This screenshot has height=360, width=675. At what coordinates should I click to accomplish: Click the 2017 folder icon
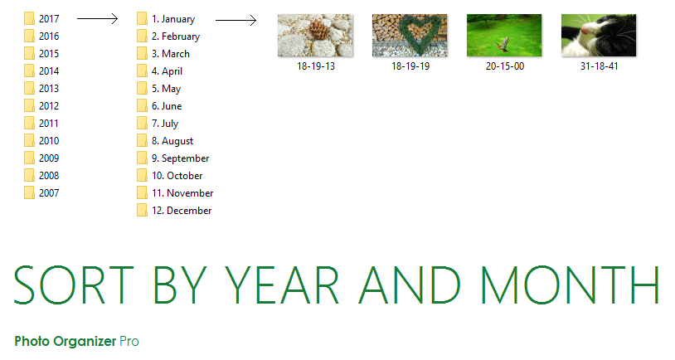pyautogui.click(x=29, y=18)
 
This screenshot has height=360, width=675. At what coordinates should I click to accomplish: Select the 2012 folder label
pyautogui.click(x=49, y=106)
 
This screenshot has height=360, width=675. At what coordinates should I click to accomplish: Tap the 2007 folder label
pyautogui.click(x=49, y=193)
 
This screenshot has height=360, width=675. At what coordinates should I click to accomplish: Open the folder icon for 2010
pyautogui.click(x=29, y=140)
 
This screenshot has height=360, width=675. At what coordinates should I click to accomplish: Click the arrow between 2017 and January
pyautogui.click(x=97, y=18)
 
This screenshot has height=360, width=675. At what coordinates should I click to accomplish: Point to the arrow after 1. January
pyautogui.click(x=236, y=20)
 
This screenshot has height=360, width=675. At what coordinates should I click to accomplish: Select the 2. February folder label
pyautogui.click(x=176, y=36)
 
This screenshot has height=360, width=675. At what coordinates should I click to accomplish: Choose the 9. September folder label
pyautogui.click(x=181, y=158)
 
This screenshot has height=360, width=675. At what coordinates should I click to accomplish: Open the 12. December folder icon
pyautogui.click(x=142, y=210)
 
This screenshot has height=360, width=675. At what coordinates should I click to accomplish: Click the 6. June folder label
pyautogui.click(x=167, y=106)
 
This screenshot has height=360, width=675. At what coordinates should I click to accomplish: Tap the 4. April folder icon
pyautogui.click(x=142, y=71)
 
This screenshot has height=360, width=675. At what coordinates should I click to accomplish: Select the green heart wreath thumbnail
pyautogui.click(x=410, y=36)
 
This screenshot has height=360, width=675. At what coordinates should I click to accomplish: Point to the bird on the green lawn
pyautogui.click(x=503, y=44)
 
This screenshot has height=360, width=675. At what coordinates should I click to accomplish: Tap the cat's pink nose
pyautogui.click(x=585, y=29)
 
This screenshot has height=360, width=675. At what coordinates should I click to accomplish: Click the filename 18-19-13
pyautogui.click(x=316, y=66)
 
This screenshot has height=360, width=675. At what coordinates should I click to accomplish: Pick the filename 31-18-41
pyautogui.click(x=600, y=66)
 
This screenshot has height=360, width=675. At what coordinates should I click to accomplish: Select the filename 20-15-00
pyautogui.click(x=505, y=66)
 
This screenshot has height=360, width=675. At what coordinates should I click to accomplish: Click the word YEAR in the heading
pyautogui.click(x=282, y=285)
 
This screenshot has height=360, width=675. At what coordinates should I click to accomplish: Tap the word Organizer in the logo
pyautogui.click(x=85, y=342)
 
